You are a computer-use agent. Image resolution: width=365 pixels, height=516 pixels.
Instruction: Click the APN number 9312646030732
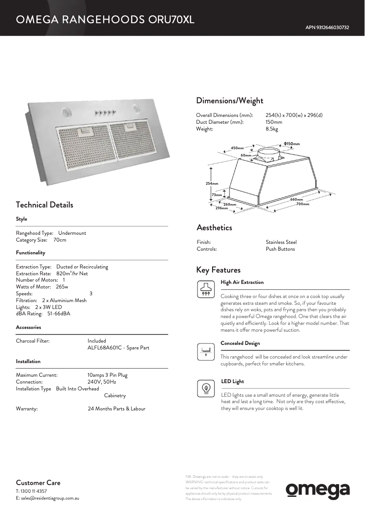pyautogui.click(x=327, y=28)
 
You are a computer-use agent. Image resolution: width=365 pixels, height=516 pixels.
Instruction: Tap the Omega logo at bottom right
pyautogui.click(x=318, y=490)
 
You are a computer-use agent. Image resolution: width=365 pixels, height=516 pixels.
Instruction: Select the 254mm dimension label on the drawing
pyautogui.click(x=212, y=183)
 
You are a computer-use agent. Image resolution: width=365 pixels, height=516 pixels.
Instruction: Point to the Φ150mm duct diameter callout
pyautogui.click(x=292, y=144)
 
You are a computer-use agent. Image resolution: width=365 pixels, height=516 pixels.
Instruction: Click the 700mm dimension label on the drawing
pyautogui.click(x=303, y=204)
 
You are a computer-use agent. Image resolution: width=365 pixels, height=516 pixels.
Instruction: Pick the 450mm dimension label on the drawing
pyautogui.click(x=237, y=148)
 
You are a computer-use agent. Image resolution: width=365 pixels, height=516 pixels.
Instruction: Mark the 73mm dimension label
pyautogui.click(x=217, y=195)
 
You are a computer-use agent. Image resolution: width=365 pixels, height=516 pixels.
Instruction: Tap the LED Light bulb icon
pyautogui.click(x=206, y=388)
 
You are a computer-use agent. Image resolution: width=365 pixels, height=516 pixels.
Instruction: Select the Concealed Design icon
pyautogui.click(x=206, y=350)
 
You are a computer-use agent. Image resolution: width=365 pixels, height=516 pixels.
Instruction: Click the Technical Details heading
pyautogui.click(x=44, y=205)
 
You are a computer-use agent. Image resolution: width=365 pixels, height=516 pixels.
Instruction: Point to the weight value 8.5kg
pyautogui.click(x=272, y=129)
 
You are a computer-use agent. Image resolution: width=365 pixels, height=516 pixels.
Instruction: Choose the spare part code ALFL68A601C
pyautogui.click(x=104, y=348)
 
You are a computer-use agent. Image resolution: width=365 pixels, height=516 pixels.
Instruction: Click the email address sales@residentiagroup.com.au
pyautogui.click(x=47, y=498)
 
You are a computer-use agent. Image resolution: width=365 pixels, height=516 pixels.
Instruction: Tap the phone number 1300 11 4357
pyautogui.click(x=34, y=491)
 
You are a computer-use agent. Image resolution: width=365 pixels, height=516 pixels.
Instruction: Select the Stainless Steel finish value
pyautogui.click(x=281, y=242)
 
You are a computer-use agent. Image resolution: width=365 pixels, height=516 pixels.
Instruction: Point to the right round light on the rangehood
pyautogui.click(x=136, y=108)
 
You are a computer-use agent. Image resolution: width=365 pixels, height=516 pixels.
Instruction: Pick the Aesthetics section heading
pyautogui.click(x=214, y=228)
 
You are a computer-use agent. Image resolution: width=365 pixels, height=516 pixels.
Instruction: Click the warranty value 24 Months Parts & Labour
pyautogui.click(x=117, y=409)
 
